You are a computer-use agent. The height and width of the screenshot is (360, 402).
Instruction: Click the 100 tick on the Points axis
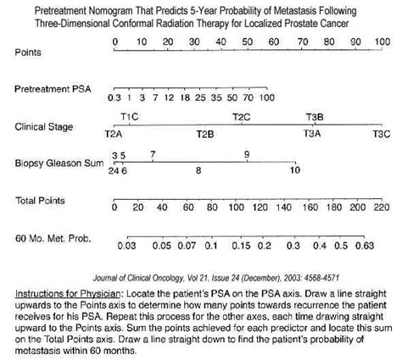(382, 52)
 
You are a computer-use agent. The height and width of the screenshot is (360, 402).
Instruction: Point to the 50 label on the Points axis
(248, 41)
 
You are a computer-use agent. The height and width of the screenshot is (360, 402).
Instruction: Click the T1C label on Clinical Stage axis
(131, 116)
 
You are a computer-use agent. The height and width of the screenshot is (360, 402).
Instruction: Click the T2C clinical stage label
(241, 116)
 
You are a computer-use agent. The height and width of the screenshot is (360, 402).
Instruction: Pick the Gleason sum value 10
(294, 170)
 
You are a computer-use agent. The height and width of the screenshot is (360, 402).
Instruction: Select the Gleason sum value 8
(198, 170)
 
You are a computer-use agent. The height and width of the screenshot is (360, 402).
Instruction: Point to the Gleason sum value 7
(152, 153)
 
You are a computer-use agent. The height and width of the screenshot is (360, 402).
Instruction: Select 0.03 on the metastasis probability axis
(126, 246)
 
